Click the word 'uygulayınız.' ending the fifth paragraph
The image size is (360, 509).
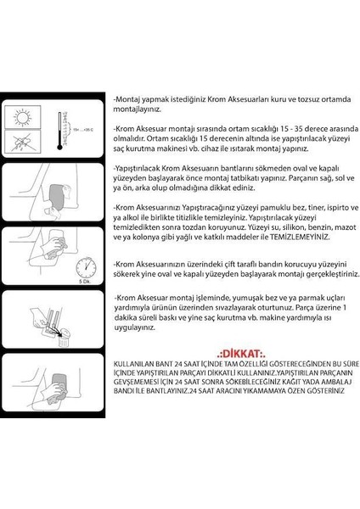[x=136, y=327]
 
